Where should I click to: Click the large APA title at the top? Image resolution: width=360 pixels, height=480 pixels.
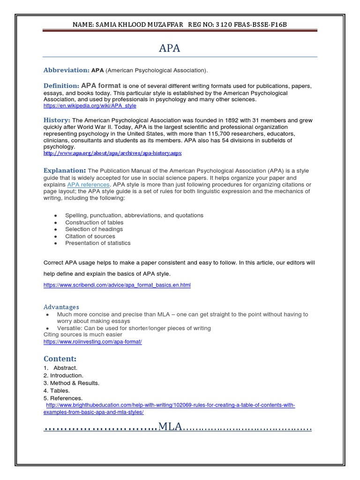170,48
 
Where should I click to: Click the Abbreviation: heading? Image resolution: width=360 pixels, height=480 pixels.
66,70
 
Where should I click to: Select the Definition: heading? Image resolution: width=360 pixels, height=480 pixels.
61,86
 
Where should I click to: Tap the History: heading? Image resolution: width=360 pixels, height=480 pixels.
57,120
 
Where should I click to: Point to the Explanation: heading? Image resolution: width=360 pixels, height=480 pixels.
65,170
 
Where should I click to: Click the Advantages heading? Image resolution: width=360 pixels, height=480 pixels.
61,307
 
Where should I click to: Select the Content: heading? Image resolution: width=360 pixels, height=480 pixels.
60,359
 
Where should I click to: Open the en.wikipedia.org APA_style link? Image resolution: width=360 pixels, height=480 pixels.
90,106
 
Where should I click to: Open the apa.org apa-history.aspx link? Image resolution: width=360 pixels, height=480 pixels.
112,153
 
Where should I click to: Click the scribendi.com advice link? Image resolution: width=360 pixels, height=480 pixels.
117,285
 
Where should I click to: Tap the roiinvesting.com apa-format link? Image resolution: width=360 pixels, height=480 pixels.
92,342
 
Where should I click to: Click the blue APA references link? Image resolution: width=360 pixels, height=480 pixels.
88,185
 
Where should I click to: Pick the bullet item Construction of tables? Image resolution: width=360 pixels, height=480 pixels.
94,222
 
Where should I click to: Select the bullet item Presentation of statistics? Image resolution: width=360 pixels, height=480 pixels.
97,243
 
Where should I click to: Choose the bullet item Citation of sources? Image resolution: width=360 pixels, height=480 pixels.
90,236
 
